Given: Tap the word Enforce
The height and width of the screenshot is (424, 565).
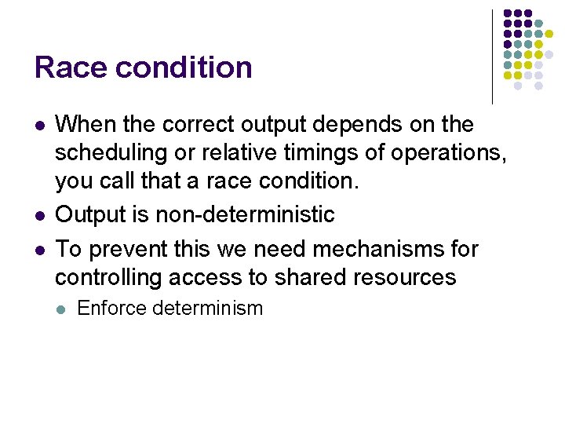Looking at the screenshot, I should (x=111, y=309).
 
